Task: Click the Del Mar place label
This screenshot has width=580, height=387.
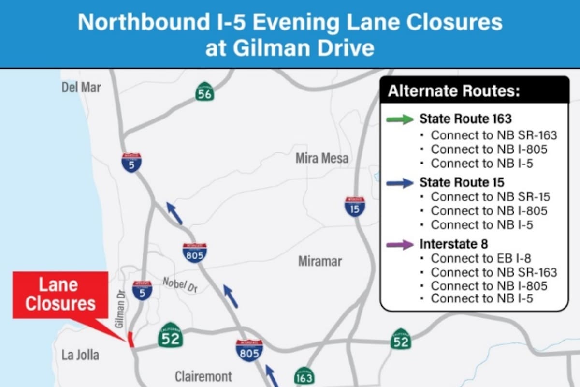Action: point(81,88)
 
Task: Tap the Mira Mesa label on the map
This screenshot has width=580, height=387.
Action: point(322,158)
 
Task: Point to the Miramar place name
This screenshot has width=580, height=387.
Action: point(320,262)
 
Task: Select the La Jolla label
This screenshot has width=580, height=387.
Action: point(80,355)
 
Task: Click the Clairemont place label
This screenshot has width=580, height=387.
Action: point(203,376)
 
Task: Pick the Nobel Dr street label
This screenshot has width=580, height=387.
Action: point(180,284)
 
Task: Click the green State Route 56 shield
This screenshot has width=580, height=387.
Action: point(205,92)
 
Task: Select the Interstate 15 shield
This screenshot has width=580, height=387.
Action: point(355,206)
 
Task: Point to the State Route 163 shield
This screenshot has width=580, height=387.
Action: point(304,376)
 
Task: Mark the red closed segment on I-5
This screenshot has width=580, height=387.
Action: point(130,340)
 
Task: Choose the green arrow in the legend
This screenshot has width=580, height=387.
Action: point(400,119)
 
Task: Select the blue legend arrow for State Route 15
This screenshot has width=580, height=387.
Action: point(400,182)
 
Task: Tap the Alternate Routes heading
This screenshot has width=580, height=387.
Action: point(454,91)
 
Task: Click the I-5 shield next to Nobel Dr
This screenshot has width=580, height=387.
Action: point(143,290)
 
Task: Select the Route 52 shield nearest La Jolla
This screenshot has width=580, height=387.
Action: point(171,335)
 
